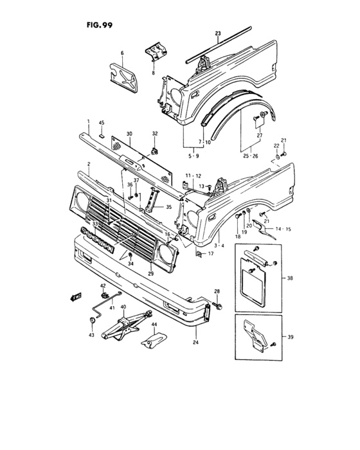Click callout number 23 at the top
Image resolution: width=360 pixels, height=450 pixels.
click(217, 33)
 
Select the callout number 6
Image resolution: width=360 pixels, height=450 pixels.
click(122, 53)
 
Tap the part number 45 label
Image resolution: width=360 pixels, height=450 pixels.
click(101, 123)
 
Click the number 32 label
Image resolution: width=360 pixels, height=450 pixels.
click(154, 134)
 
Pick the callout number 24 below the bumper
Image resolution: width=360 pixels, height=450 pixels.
click(195, 343)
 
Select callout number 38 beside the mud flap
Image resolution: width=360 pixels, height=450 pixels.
click(291, 280)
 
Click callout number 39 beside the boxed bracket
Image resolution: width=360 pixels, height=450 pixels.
click(291, 336)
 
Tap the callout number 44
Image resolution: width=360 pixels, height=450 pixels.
click(154, 325)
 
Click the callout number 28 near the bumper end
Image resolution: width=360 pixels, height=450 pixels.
click(217, 292)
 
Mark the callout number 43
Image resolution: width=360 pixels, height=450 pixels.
click(92, 335)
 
